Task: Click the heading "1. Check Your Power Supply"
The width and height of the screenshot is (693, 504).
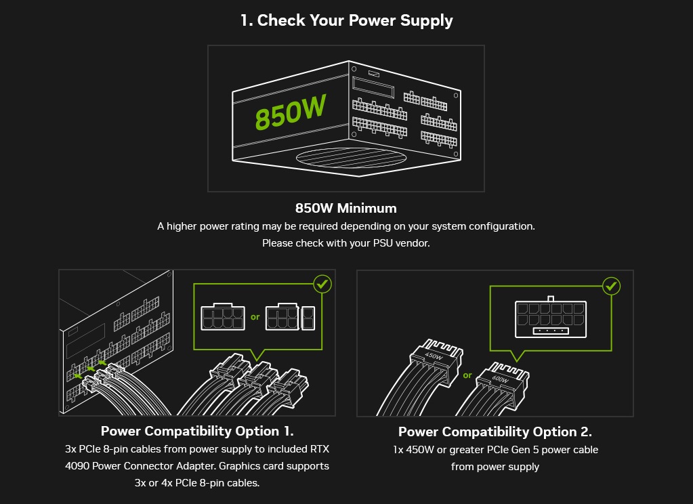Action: click(x=346, y=20)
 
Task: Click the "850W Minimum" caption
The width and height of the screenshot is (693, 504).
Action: click(x=346, y=208)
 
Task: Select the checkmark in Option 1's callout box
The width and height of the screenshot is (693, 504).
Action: click(x=322, y=284)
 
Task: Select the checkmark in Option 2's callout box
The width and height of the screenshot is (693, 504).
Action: click(x=612, y=286)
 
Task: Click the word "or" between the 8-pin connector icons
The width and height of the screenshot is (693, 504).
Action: click(x=255, y=317)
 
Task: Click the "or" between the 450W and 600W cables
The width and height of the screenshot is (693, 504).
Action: click(x=467, y=375)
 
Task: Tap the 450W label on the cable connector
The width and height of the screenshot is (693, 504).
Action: click(x=433, y=356)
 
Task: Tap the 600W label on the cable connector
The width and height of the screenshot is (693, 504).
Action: click(x=500, y=379)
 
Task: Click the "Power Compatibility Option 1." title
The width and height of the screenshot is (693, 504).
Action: click(x=197, y=432)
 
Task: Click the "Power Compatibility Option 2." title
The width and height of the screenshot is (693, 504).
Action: click(x=495, y=432)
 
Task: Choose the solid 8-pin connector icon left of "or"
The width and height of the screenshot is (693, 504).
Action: click(x=222, y=318)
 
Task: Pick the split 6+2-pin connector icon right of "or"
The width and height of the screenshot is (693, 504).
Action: click(x=290, y=318)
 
